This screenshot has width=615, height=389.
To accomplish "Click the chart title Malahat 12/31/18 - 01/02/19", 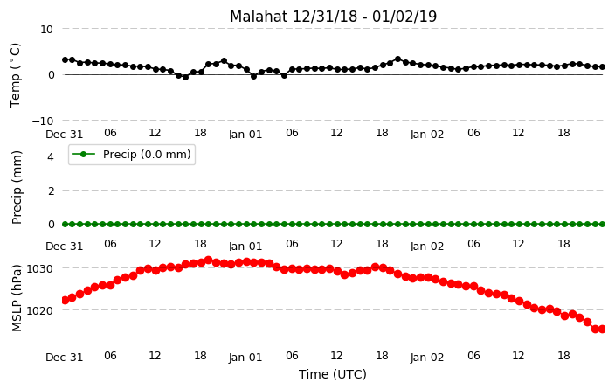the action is (x=333, y=17).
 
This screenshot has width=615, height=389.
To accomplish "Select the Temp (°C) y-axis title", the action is (x=15, y=75).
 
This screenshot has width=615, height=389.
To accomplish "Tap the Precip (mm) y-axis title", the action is (x=16, y=188).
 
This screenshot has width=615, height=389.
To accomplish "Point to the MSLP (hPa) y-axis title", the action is (x=16, y=298).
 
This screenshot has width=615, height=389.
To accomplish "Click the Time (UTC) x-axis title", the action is (x=333, y=374).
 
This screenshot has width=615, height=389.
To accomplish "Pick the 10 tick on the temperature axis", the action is (x=46, y=30).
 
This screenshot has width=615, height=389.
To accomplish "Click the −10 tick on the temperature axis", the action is (x=43, y=121).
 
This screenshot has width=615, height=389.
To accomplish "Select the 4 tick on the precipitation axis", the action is (x=50, y=157).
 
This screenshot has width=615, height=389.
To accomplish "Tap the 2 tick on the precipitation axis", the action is (x=50, y=191).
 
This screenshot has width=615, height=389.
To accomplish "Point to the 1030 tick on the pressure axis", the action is (x=39, y=269).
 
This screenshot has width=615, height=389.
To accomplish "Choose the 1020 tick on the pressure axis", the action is (x=39, y=311).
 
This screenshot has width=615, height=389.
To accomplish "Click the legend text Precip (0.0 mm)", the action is (x=147, y=154).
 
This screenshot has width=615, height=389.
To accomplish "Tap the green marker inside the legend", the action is (x=83, y=154).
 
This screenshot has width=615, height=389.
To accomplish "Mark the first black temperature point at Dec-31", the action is (x=66, y=59).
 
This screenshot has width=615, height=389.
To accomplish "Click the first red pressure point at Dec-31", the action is (x=66, y=301).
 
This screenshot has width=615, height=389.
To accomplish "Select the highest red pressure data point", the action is (x=209, y=260).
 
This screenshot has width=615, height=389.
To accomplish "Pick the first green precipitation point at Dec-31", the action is (x=66, y=224).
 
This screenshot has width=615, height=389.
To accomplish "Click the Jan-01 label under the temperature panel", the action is (x=245, y=135).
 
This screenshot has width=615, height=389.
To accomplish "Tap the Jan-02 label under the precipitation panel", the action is (x=427, y=247).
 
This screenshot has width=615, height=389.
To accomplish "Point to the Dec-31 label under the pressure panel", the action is (x=65, y=358).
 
